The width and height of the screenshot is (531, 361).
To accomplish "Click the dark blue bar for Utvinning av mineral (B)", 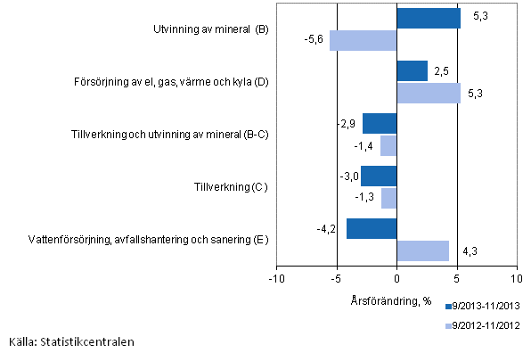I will (x=429, y=19).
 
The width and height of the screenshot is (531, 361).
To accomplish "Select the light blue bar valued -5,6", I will (x=363, y=40).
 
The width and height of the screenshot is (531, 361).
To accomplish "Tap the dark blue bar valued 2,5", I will (x=412, y=71).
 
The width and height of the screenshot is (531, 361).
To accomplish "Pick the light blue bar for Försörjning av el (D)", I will (x=429, y=93).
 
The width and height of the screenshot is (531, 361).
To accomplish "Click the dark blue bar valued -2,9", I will (x=380, y=124).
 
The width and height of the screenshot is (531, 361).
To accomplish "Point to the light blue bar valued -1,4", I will (x=388, y=145).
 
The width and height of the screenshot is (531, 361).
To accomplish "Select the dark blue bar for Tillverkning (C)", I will (x=379, y=176).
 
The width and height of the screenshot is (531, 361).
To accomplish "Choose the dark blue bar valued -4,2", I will (x=372, y=228).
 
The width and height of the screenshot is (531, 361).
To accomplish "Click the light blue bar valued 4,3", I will (x=422, y=250).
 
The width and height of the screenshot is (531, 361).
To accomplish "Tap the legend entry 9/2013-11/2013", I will (x=481, y=306).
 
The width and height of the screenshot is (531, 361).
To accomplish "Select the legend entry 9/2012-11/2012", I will (x=481, y=326).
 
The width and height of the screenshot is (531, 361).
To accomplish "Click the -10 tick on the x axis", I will (x=277, y=278).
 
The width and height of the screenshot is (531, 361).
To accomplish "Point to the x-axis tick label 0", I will (x=397, y=278).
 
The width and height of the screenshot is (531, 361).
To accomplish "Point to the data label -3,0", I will (x=348, y=176).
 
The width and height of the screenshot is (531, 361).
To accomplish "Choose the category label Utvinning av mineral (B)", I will (x=210, y=29).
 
